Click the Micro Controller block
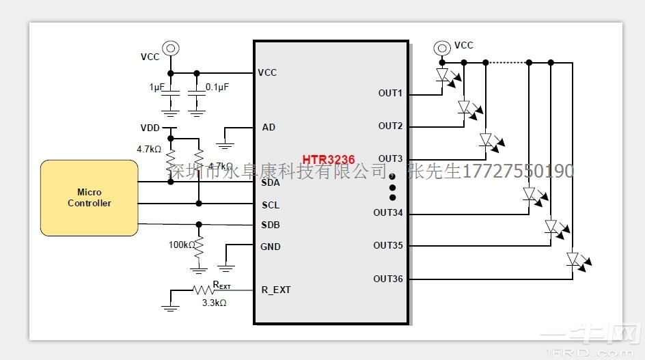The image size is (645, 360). click(x=89, y=198)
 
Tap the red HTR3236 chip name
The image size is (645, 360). click(x=329, y=159)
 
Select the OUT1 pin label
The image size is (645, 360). click(x=390, y=94)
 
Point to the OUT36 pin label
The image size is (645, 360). click(x=387, y=279)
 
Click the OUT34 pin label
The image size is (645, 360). click(x=387, y=212)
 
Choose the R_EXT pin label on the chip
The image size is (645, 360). click(x=276, y=290)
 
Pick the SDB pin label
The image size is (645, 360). click(x=271, y=225)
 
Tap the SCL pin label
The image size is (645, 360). click(x=271, y=205)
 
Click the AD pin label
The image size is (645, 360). click(x=269, y=127)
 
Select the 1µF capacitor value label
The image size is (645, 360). click(x=156, y=87)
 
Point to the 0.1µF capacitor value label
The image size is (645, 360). click(x=217, y=87)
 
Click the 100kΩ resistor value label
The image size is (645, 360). click(x=182, y=245)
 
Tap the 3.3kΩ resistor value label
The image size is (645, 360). click(x=214, y=302)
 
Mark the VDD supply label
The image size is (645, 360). click(x=150, y=128)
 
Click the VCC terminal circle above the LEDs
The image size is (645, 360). click(x=443, y=47)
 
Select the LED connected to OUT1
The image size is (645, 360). click(x=443, y=74)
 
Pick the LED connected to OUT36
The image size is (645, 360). click(x=573, y=259)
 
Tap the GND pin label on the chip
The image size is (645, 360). click(x=270, y=247)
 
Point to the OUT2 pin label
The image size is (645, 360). click(x=390, y=126)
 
